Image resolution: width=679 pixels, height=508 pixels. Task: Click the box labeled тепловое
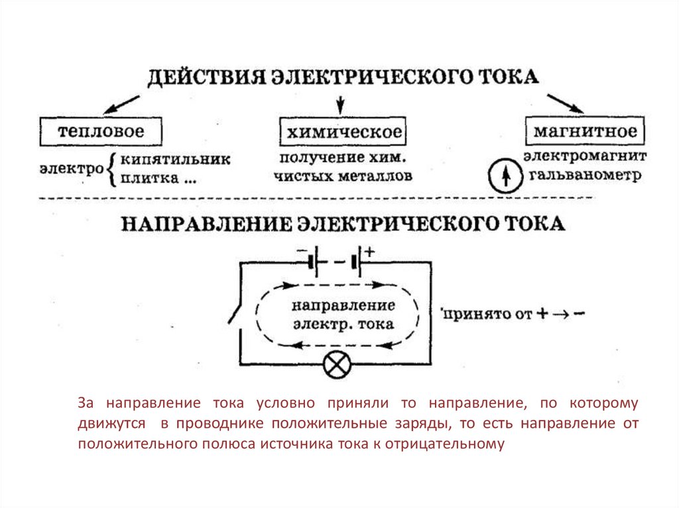click(100, 131)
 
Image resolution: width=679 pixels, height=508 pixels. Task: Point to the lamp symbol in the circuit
click(336, 364)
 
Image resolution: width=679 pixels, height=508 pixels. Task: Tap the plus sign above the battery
click(369, 252)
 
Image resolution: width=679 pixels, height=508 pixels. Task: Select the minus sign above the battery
click(302, 252)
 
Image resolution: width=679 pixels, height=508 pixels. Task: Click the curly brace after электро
click(111, 169)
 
